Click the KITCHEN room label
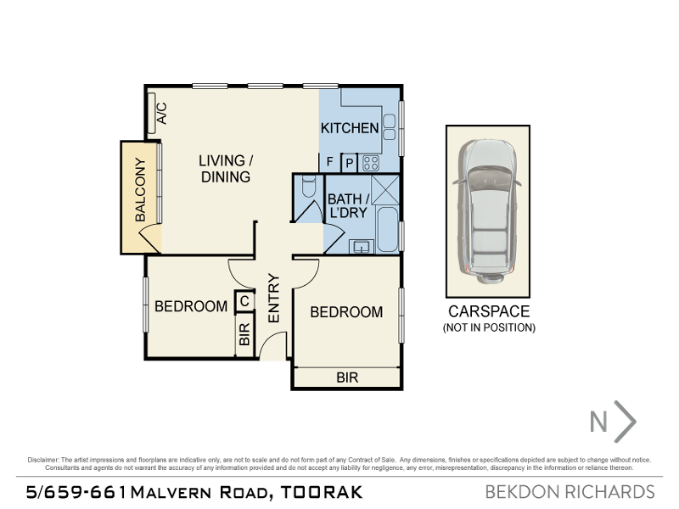coord(349,128)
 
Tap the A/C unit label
coord(161,113)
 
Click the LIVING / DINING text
coord(226,169)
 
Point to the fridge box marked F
coord(329,162)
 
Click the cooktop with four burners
coord(371,163)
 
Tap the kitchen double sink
coord(389,126)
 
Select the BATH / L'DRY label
coord(347,205)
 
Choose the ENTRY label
coord(274,298)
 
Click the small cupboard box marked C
coord(244,299)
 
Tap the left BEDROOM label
coord(191,306)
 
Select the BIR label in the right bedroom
coord(347,378)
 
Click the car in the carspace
coord(488,211)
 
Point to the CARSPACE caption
coord(489,311)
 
